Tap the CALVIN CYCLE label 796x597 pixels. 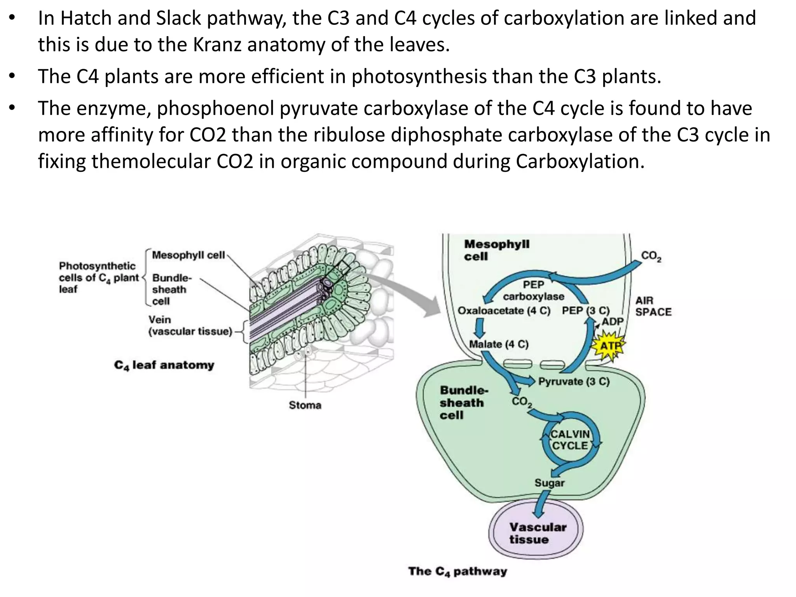pos(570,440)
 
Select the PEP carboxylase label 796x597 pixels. pos(533,291)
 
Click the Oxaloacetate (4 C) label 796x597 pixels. pos(504,311)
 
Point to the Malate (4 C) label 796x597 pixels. pos(499,344)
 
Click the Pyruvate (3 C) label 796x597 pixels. pos(574,382)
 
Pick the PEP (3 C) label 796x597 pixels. pos(585,311)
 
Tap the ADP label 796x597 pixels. pos(613,322)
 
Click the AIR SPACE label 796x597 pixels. pos(653,306)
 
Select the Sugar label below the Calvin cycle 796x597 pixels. pos(549,483)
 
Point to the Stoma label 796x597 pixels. pos(305,405)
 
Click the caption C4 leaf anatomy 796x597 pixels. pos(164,365)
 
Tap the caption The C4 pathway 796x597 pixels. pos(457,571)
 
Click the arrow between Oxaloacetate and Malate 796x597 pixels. pos(480,328)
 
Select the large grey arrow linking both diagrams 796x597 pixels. pos(408,292)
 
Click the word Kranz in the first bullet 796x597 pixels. pos(217,45)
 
